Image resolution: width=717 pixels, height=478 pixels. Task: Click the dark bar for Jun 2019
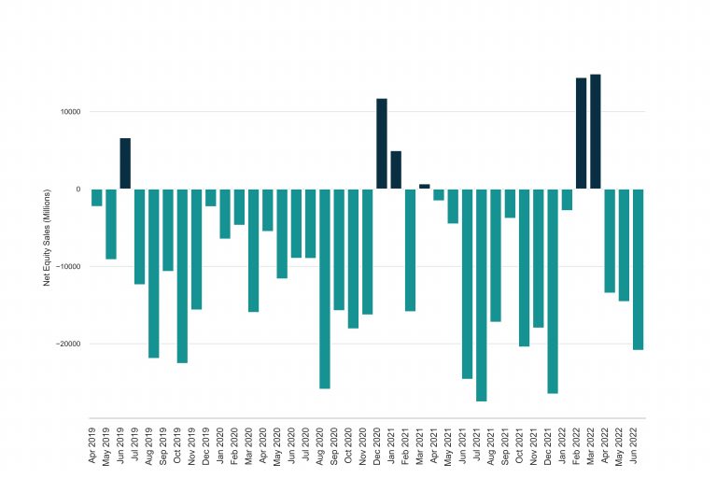coord(125,163)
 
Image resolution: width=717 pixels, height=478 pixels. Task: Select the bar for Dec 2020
coord(382,144)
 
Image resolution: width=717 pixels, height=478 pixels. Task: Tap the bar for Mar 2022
coord(596,132)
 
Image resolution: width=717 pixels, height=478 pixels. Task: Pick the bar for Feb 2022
coord(581,134)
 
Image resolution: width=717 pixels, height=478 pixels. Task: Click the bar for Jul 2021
coord(482,295)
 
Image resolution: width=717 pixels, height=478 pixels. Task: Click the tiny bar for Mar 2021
coord(424,187)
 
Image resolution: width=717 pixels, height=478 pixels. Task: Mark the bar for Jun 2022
coord(638,269)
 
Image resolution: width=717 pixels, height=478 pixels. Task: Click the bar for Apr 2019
coord(96,197)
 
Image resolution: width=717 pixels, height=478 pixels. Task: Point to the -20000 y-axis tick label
coord(67,344)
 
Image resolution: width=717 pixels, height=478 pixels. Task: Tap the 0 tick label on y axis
coord(77,190)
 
